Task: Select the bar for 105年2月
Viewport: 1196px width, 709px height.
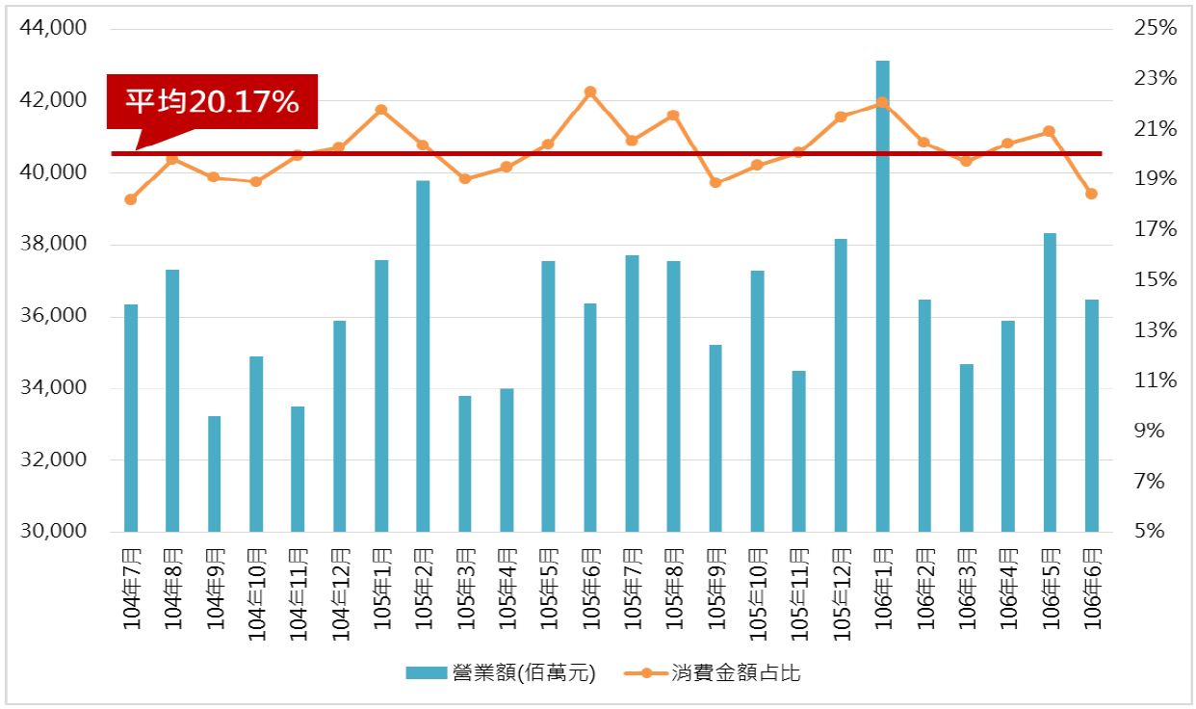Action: point(423,356)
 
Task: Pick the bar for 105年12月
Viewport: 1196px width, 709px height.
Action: point(841,385)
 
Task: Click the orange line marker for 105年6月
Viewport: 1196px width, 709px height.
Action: point(590,92)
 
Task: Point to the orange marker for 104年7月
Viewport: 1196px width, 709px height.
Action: point(131,199)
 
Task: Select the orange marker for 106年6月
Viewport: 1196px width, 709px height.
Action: point(1091,194)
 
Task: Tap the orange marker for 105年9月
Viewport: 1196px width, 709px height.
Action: point(715,182)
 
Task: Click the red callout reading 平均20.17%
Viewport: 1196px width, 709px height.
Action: point(212,102)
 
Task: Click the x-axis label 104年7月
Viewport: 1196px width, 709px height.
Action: point(132,587)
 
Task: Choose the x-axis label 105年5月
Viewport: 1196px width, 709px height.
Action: point(549,587)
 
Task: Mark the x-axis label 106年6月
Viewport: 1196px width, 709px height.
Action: point(1092,587)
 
